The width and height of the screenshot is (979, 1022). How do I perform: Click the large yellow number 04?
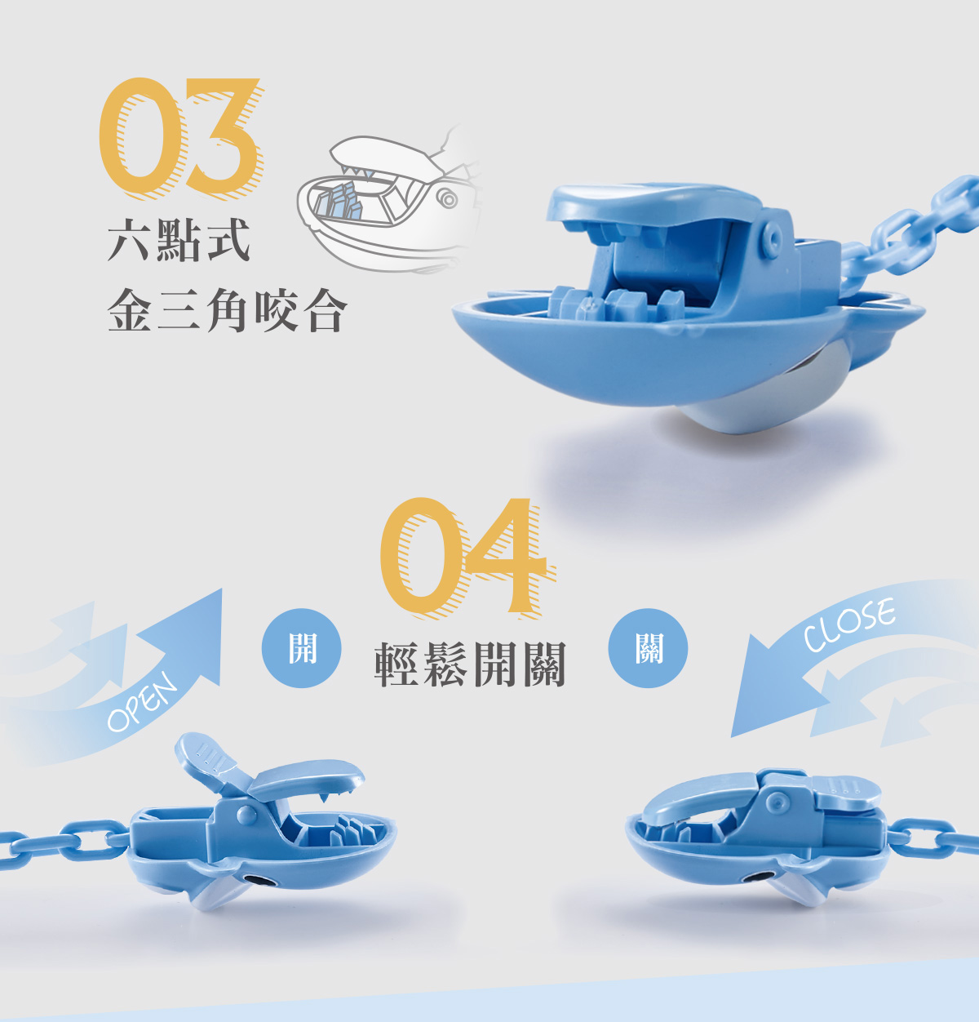point(463,557)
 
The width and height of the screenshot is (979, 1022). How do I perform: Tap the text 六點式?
point(179,241)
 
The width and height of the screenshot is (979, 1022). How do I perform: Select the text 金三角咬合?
point(228,310)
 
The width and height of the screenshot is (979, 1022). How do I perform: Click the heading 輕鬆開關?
point(471,664)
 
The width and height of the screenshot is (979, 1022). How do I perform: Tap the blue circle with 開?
point(301,648)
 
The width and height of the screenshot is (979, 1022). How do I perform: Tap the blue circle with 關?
point(649,648)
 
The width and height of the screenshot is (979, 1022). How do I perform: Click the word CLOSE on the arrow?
point(848,625)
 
